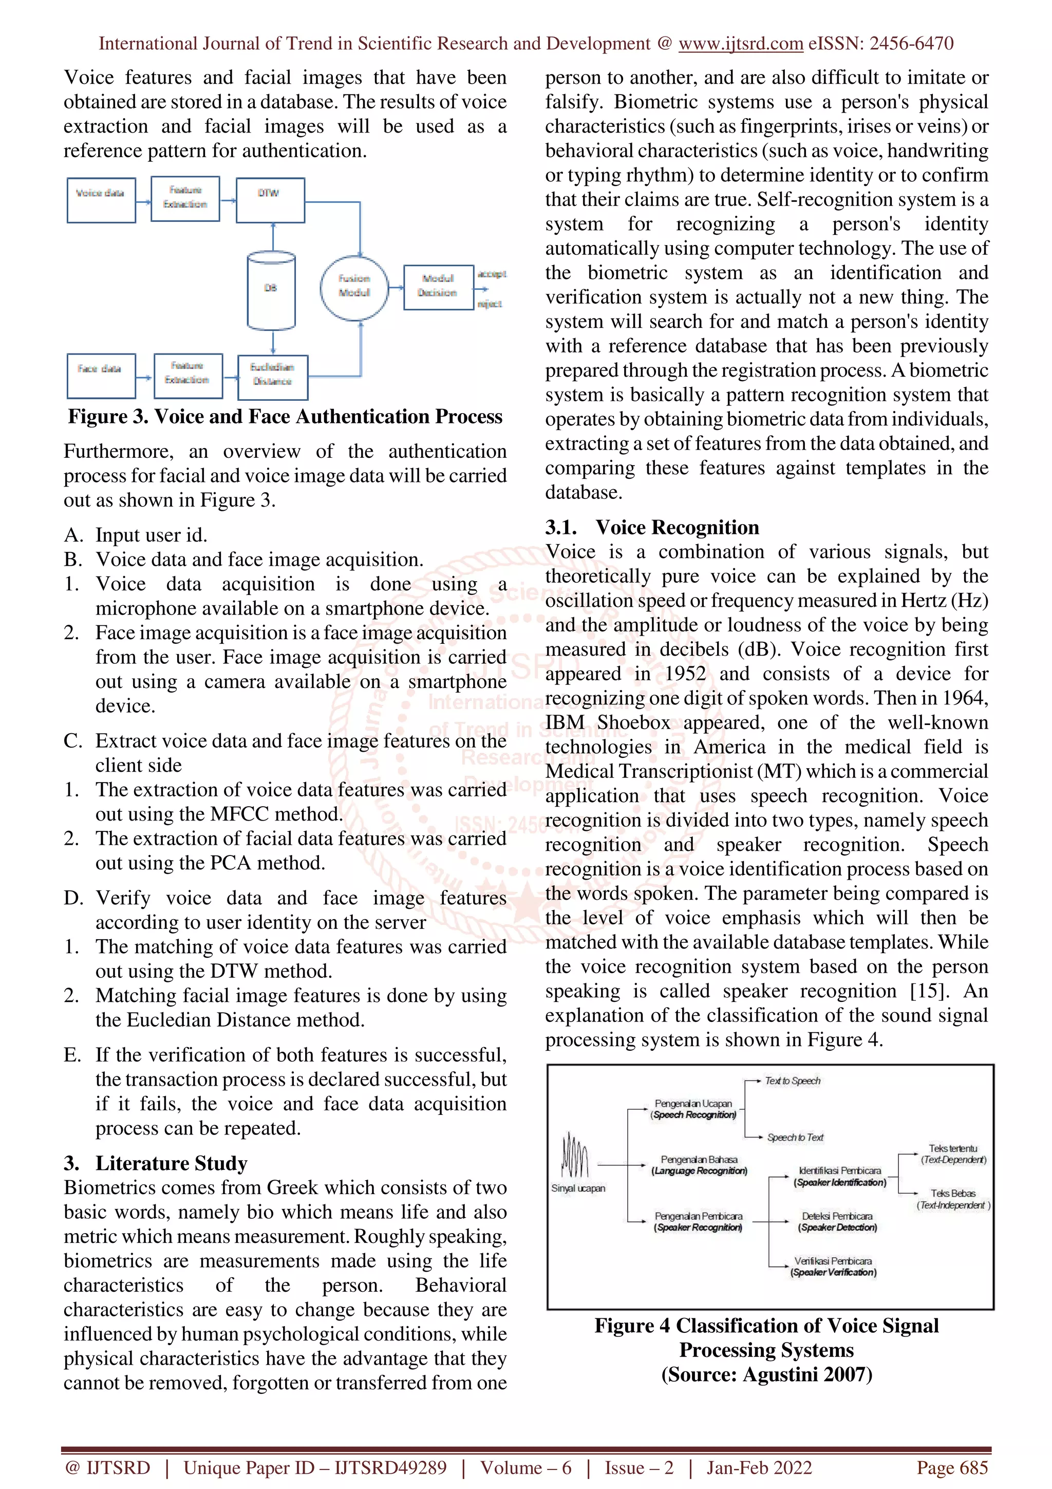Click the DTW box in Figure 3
pos(270,200)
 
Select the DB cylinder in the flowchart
pos(271,290)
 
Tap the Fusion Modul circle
pos(354,287)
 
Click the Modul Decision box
pos(438,286)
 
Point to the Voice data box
pos(101,200)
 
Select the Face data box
pos(101,376)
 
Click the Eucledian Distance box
pos(272,376)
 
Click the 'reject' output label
pos(490,304)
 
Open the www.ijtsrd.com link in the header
pos(740,44)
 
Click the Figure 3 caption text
pos(285,416)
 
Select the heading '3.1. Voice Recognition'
pos(651,527)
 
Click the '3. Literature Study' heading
pos(156,1163)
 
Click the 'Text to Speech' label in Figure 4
pos(792,1081)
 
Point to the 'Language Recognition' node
pos(699,1165)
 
